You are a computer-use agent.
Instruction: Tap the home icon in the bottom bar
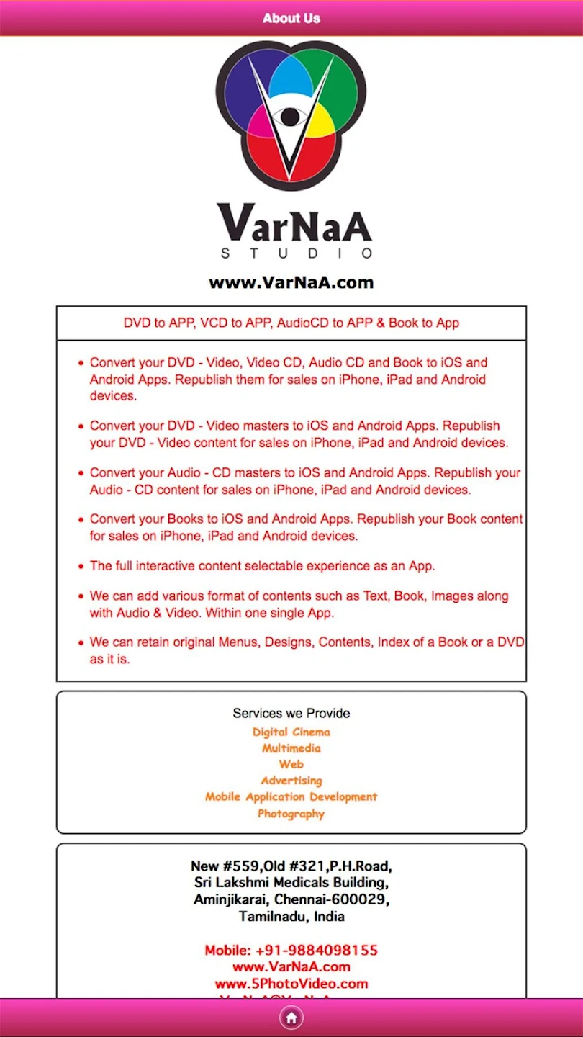tap(291, 1018)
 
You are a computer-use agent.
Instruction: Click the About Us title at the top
tap(291, 18)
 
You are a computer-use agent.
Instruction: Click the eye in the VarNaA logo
tap(290, 116)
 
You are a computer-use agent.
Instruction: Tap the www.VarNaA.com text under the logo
tap(291, 282)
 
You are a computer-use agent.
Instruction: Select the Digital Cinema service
tap(291, 732)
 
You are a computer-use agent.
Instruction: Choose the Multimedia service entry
tap(291, 748)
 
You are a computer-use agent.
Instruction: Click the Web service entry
tap(291, 764)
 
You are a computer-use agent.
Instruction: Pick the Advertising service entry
tap(291, 781)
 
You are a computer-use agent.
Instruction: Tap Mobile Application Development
tap(291, 797)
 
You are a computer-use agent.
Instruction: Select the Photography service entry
tap(291, 814)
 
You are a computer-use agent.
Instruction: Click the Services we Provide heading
tap(291, 713)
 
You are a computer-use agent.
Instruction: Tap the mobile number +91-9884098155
tap(291, 951)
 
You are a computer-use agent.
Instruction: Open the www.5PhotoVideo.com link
tap(291, 984)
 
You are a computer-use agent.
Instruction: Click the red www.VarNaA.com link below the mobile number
tap(291, 967)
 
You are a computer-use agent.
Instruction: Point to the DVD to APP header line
tap(291, 323)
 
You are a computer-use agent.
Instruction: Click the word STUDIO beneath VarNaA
tap(296, 253)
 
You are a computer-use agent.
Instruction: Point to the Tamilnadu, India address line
tap(291, 917)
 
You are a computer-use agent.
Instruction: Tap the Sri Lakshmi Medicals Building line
tap(291, 882)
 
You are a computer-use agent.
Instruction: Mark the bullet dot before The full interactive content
tap(81, 567)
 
